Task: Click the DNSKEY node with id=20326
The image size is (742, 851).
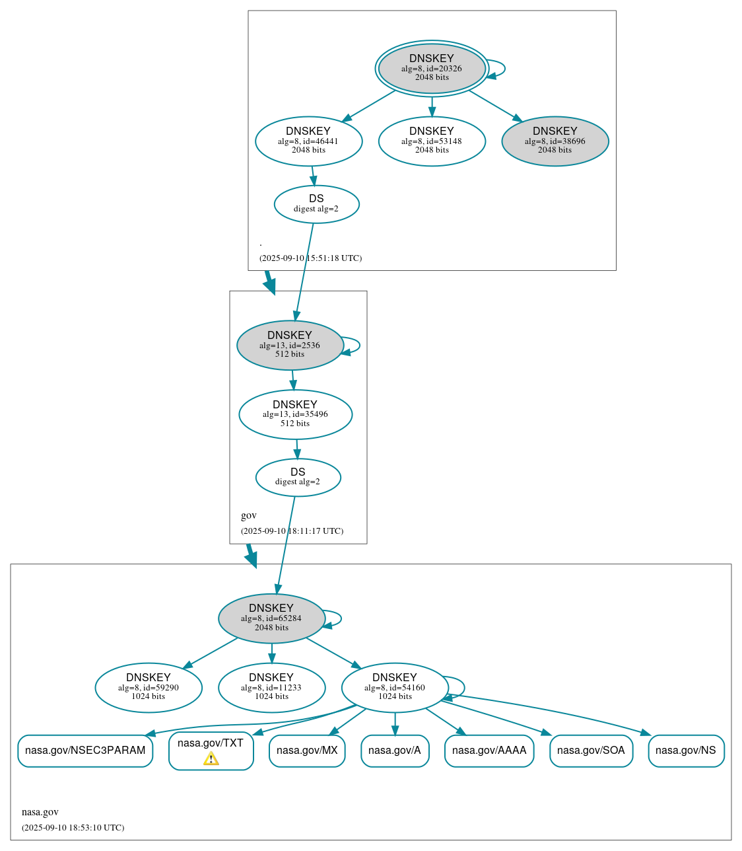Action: (432, 68)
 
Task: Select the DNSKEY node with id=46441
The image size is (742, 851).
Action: (308, 141)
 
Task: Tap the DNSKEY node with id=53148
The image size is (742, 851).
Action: (432, 141)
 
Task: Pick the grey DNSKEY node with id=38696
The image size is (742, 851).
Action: (555, 141)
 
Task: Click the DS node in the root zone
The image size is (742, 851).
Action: (316, 204)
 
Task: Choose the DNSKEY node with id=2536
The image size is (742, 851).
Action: (290, 345)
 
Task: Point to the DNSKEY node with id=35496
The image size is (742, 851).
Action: (295, 414)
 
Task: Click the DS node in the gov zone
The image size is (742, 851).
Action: (298, 477)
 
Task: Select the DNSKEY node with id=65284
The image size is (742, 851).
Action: (271, 618)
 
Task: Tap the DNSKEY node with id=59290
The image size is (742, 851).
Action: (149, 687)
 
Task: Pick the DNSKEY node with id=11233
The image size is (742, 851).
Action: (271, 687)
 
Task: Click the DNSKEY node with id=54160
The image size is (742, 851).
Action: (395, 687)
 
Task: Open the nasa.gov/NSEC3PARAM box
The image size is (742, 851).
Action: (85, 751)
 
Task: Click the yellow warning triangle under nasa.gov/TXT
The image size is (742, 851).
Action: (211, 758)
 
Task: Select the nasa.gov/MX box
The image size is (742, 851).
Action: (307, 751)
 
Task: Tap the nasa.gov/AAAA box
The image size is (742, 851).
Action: (489, 751)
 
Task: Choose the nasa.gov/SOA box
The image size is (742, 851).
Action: (591, 751)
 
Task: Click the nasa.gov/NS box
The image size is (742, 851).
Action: (686, 751)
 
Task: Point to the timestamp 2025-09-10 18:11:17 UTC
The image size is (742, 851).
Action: (292, 531)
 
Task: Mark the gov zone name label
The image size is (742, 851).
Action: (249, 515)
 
